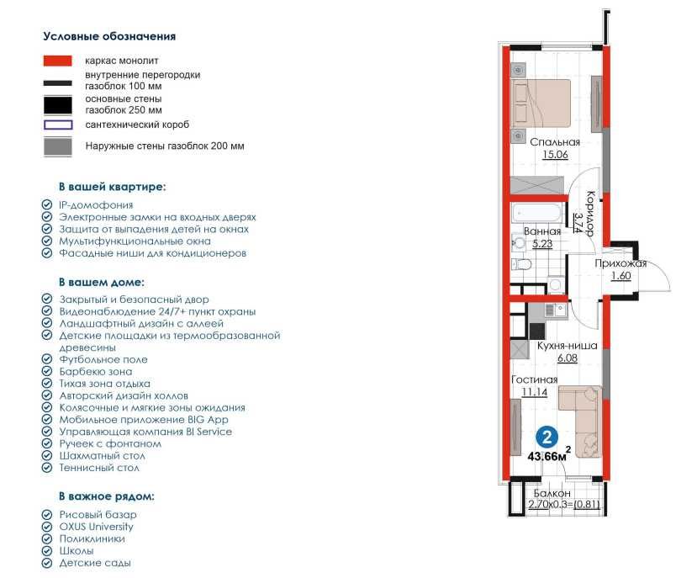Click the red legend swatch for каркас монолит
click(x=57, y=61)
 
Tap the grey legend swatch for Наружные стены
click(x=58, y=147)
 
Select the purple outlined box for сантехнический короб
click(x=58, y=125)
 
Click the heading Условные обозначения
click(x=109, y=36)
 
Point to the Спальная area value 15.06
click(x=555, y=155)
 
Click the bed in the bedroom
click(x=541, y=103)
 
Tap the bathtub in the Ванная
click(x=537, y=213)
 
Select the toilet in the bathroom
click(x=521, y=264)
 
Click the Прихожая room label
click(x=620, y=263)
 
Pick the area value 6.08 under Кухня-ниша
click(x=568, y=358)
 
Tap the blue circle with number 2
click(x=547, y=437)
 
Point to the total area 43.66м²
click(x=549, y=455)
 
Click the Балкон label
click(x=552, y=494)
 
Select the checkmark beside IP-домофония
click(x=47, y=204)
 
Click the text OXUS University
click(x=96, y=527)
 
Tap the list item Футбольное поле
click(x=103, y=359)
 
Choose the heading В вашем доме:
click(x=102, y=283)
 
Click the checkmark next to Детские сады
click(x=47, y=563)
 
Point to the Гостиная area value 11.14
click(x=534, y=392)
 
